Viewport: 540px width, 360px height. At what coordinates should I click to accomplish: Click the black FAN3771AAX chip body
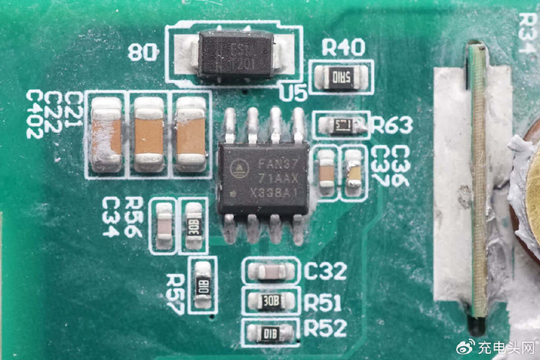[x=263, y=177]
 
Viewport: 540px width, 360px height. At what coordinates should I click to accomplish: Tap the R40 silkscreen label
[x=343, y=48]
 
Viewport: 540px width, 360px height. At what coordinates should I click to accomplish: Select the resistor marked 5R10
[x=340, y=77]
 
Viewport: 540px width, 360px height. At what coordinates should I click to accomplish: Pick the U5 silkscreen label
[x=293, y=94]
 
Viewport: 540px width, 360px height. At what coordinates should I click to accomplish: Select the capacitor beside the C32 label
[x=270, y=271]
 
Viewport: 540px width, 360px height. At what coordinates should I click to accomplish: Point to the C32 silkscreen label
[x=325, y=271]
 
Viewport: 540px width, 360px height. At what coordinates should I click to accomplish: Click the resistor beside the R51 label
[x=270, y=301]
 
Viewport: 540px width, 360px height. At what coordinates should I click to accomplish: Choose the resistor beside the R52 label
[x=270, y=332]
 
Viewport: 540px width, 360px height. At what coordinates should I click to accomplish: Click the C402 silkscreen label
[x=35, y=114]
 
